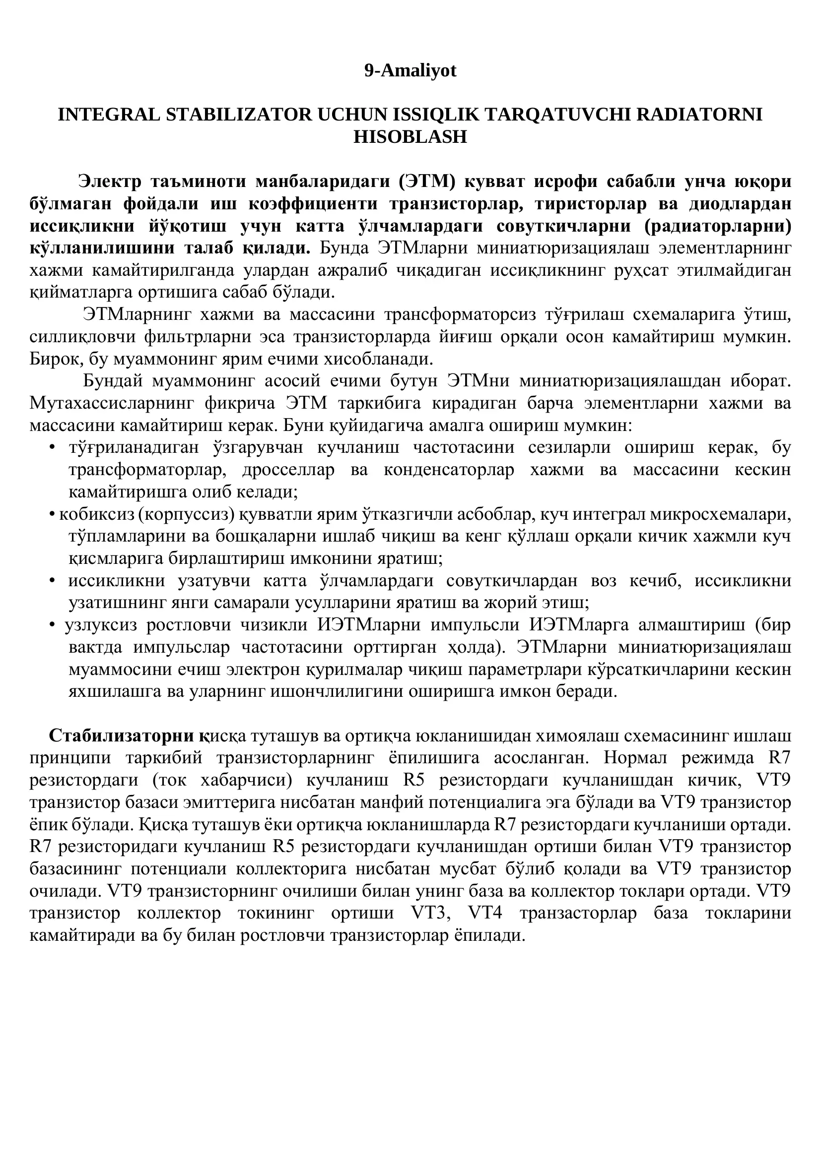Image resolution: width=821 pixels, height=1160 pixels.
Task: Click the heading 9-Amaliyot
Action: tap(410, 71)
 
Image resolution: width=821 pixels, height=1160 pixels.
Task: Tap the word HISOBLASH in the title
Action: tap(410, 137)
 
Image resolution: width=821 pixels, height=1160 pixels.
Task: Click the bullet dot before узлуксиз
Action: tap(52, 625)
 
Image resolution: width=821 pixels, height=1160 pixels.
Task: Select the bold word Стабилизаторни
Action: tap(121, 736)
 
